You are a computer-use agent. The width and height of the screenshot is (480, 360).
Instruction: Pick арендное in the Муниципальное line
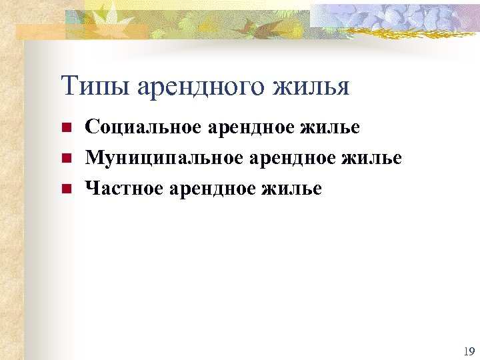click(x=297, y=158)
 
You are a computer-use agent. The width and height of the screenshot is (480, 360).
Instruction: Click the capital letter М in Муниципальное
click(x=94, y=158)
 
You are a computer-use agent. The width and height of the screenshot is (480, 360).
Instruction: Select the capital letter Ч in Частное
click(x=92, y=189)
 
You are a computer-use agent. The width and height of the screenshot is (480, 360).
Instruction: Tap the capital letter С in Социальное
click(x=92, y=127)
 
